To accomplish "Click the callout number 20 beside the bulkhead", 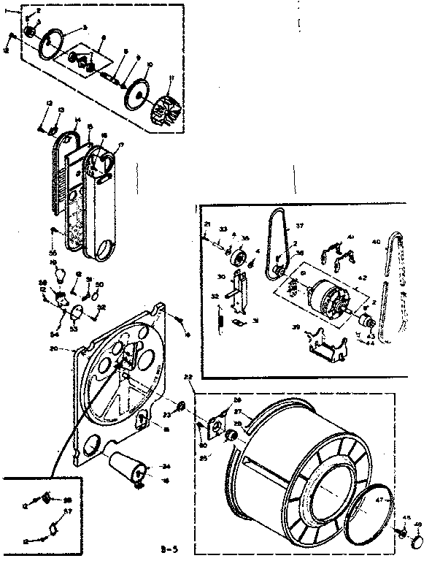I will tap(72, 348).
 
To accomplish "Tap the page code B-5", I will tap(169, 546).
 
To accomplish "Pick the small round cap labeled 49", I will tap(418, 542).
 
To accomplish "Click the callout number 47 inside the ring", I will tap(378, 501).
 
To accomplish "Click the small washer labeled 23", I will tap(180, 406).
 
